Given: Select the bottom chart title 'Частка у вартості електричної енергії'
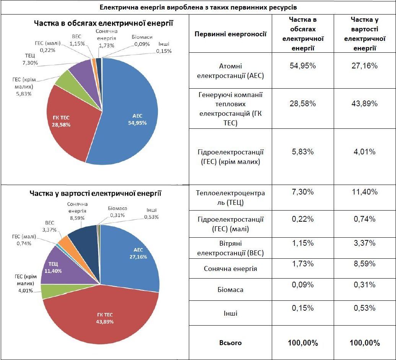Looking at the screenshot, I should [96, 193].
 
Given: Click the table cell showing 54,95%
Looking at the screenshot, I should [303, 66].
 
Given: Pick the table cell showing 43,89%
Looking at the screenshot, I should [364, 104].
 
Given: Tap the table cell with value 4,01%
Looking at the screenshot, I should [364, 152].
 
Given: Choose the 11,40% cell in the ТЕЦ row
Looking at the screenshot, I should [364, 192].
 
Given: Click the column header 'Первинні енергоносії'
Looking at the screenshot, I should [230, 34].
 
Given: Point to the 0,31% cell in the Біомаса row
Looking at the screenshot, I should [364, 285].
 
